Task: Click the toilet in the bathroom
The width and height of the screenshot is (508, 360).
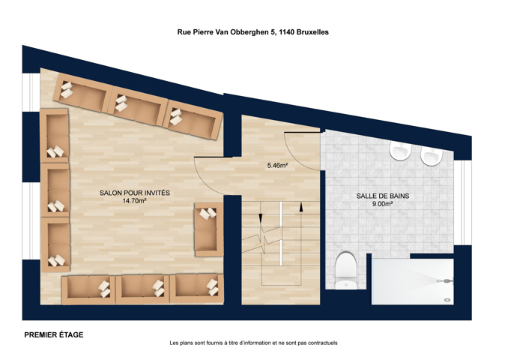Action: pos(345,270)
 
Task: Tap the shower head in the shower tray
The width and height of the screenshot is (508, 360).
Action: pos(444,280)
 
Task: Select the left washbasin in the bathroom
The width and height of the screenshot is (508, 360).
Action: pos(400,151)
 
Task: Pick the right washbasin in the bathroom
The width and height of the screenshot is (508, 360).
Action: pos(432,156)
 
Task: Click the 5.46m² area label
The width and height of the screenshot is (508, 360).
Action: pos(278,166)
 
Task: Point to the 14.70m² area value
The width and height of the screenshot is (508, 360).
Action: pos(134,201)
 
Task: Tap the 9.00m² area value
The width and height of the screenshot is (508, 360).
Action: pos(383,204)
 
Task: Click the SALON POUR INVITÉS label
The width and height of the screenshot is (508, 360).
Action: pos(135,193)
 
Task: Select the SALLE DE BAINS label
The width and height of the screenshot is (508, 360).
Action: pos(383,196)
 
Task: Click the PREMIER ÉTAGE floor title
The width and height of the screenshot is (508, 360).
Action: pos(54,334)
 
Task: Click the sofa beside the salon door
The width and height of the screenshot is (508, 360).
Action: pos(208,229)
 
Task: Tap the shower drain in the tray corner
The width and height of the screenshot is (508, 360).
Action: pos(448,300)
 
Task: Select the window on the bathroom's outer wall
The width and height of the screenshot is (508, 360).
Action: pos(462,202)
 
